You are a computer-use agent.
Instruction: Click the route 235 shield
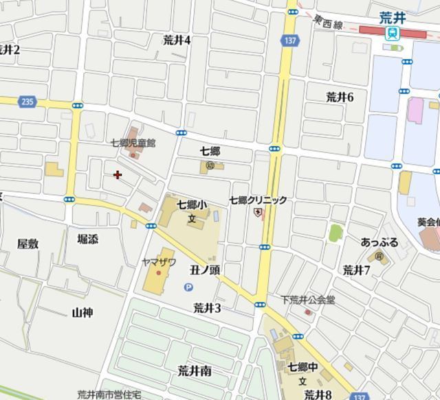(x=27, y=102)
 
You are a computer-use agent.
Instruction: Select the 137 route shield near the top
(x=289, y=42)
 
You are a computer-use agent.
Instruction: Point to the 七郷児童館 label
(x=133, y=143)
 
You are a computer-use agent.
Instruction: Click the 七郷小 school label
(x=192, y=204)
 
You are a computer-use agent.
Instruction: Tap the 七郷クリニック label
(x=258, y=200)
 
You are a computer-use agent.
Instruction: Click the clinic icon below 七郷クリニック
(x=258, y=213)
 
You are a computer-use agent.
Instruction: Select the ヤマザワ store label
(x=159, y=261)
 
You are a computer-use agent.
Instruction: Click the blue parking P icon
(x=188, y=287)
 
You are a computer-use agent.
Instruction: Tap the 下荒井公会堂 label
(x=307, y=300)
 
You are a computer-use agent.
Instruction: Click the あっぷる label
(x=379, y=242)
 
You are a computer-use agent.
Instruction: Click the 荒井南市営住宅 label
(x=109, y=394)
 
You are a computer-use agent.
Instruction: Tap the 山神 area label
(x=82, y=312)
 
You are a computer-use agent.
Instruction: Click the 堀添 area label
(x=87, y=239)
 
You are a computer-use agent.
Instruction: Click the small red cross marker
(x=118, y=175)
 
